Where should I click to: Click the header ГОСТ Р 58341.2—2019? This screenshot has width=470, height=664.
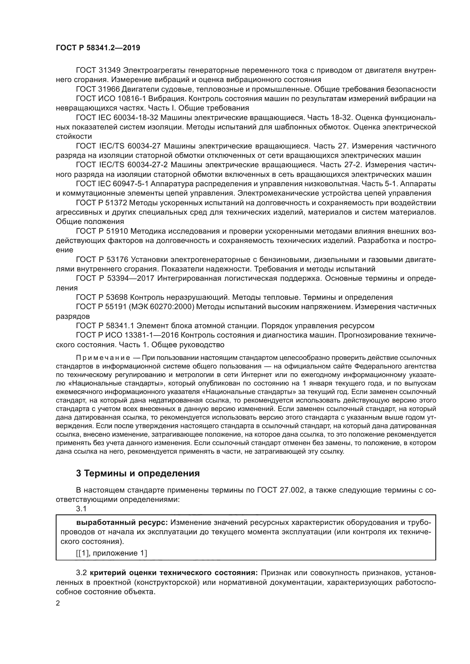pos(98,48)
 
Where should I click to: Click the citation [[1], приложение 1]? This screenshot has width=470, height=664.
pos(111,553)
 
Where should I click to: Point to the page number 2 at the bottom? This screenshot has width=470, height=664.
pos(58,603)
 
